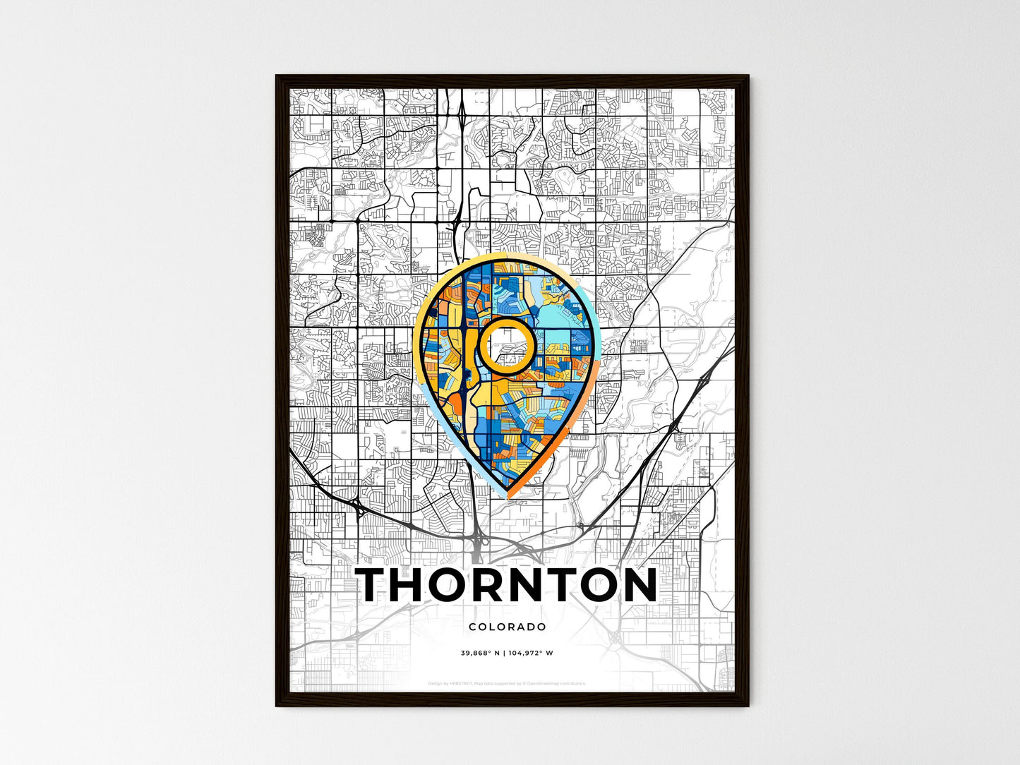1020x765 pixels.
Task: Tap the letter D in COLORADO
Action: click(531, 627)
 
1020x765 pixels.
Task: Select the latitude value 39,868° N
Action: click(481, 653)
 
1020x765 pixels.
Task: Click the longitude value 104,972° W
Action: click(530, 653)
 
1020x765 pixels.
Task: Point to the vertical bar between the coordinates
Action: click(504, 653)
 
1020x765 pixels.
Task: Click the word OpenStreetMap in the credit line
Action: click(546, 683)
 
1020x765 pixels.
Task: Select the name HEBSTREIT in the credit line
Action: click(462, 683)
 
